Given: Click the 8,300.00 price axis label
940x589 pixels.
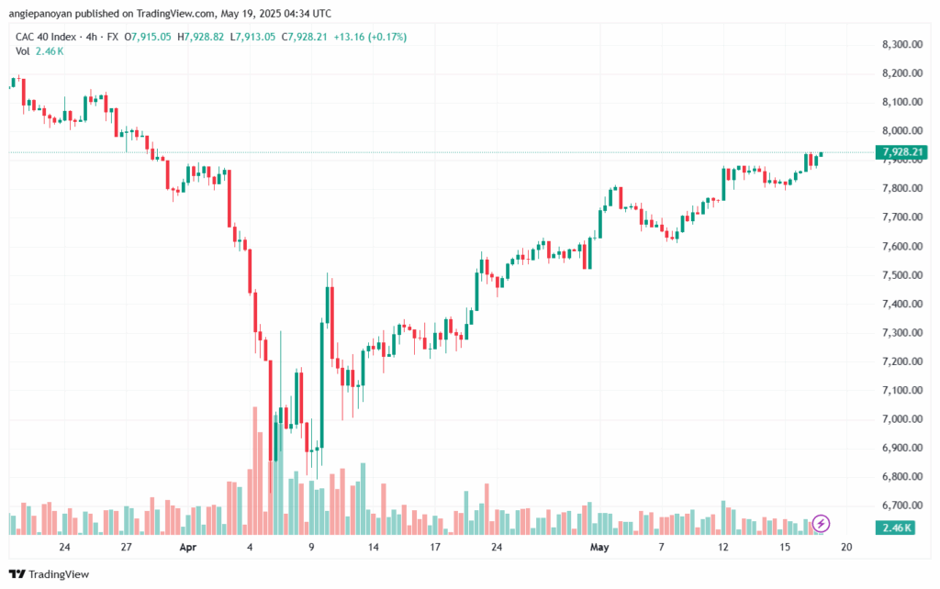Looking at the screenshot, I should click(x=901, y=44).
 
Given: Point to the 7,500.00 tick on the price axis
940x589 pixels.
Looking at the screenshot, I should click(x=901, y=275).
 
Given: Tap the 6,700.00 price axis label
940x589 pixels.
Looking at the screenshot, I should click(x=901, y=506).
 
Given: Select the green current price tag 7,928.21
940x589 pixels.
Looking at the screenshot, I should click(x=901, y=151).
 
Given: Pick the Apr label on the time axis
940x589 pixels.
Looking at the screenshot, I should click(x=188, y=548).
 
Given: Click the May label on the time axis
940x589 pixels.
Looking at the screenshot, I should click(x=600, y=548).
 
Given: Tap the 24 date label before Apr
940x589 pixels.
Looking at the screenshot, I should click(x=64, y=548).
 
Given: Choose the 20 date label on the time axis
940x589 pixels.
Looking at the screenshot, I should click(x=846, y=548).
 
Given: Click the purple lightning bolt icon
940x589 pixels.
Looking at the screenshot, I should click(x=822, y=523).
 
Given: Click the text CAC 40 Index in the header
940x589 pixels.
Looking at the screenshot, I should click(x=46, y=37).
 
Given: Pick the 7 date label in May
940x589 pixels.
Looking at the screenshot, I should click(x=661, y=548).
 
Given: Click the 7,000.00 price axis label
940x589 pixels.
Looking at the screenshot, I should click(x=901, y=419).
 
